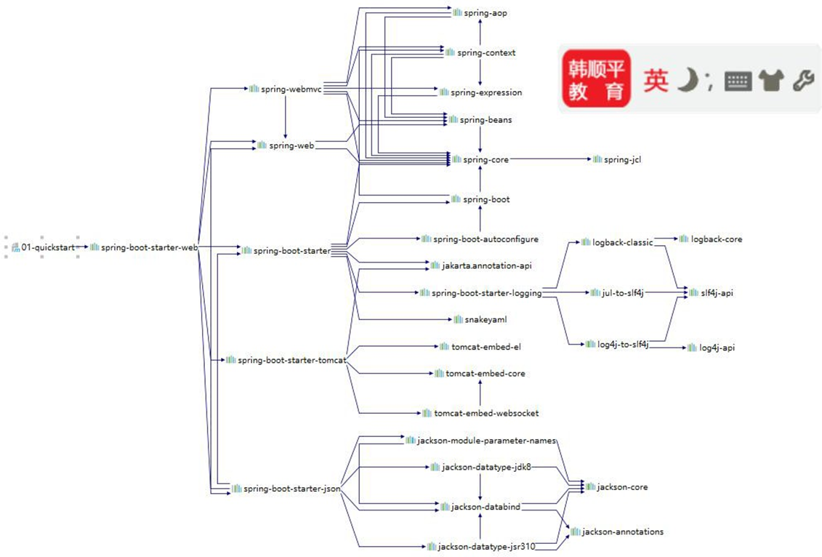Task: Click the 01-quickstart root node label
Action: click(x=48, y=247)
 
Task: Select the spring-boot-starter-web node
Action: click(x=149, y=247)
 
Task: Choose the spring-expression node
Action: click(x=485, y=92)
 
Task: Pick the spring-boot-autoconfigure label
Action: click(x=485, y=239)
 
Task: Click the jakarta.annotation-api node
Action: click(x=486, y=266)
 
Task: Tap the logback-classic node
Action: click(x=622, y=241)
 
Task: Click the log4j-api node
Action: click(x=717, y=348)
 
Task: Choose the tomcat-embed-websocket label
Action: click(x=486, y=413)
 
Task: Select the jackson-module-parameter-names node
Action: click(x=486, y=440)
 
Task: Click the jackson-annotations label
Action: click(x=622, y=532)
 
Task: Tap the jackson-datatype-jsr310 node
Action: click(x=486, y=546)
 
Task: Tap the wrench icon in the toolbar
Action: click(x=803, y=81)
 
